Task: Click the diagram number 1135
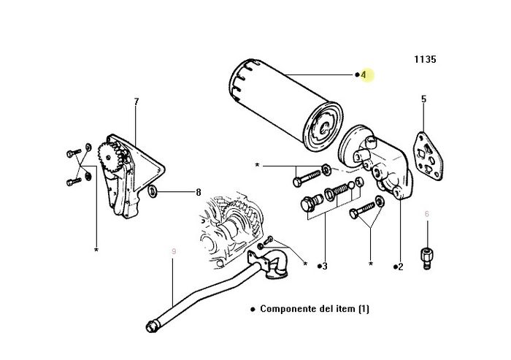(425, 59)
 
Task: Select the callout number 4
(364, 74)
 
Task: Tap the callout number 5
(423, 99)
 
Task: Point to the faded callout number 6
(427, 214)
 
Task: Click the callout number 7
(137, 102)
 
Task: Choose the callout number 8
(199, 192)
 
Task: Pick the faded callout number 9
(174, 251)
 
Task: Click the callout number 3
(325, 267)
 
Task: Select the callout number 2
(401, 267)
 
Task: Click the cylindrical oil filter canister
(286, 105)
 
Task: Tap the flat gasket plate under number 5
(429, 156)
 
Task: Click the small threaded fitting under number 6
(426, 258)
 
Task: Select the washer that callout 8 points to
(152, 191)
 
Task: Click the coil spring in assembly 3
(339, 190)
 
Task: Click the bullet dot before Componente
(253, 309)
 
